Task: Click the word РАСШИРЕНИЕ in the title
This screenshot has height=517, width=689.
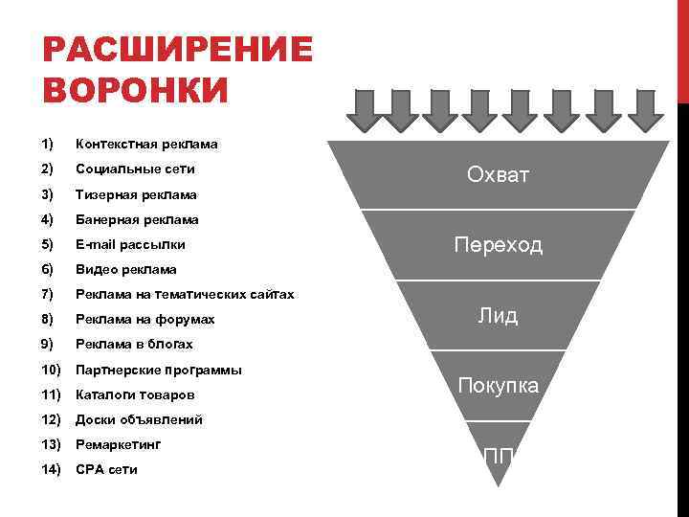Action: click(x=178, y=50)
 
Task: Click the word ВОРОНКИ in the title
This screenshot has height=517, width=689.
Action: click(x=136, y=91)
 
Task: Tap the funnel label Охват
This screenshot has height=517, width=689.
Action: click(x=498, y=174)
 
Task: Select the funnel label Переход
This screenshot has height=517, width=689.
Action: click(x=498, y=245)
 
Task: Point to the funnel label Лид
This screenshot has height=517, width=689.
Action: click(x=498, y=316)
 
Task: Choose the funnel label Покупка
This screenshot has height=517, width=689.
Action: click(x=498, y=386)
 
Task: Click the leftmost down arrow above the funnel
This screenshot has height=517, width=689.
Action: click(x=364, y=109)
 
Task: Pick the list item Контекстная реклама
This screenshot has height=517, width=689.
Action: click(x=146, y=145)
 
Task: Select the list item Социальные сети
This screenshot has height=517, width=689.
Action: click(x=135, y=169)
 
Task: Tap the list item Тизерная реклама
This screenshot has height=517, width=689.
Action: click(x=136, y=194)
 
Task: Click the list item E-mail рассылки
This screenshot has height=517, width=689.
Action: click(x=130, y=244)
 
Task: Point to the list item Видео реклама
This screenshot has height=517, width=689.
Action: click(x=126, y=270)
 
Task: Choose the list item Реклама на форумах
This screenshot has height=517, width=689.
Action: click(x=145, y=320)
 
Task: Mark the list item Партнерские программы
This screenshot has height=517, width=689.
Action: click(x=159, y=370)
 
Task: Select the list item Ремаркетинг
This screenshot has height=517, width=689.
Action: click(x=119, y=444)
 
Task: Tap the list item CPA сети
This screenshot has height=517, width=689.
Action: click(x=106, y=470)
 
